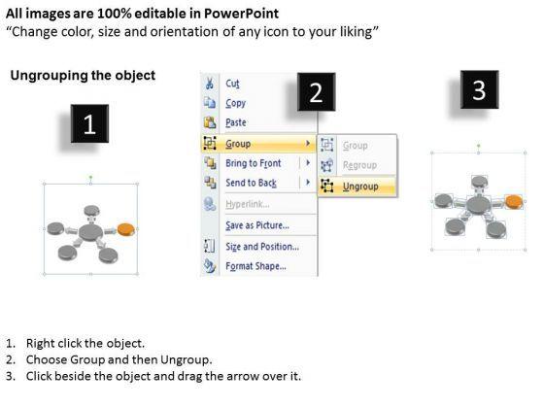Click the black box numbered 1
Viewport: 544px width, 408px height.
(89, 123)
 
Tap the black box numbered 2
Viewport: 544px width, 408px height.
(317, 92)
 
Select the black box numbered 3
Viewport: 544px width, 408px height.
(480, 89)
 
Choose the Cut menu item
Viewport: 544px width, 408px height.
(232, 84)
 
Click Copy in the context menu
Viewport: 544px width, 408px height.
(235, 103)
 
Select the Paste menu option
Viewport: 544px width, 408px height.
(236, 122)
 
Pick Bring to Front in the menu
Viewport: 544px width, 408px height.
(254, 163)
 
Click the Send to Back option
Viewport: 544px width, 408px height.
(252, 183)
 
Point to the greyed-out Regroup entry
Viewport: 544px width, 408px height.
(359, 165)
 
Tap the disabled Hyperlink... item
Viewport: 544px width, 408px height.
(248, 204)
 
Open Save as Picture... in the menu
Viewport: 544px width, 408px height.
(257, 225)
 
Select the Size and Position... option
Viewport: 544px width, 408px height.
(262, 247)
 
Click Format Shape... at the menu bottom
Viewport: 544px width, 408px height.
(256, 266)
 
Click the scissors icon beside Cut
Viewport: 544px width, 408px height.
(210, 84)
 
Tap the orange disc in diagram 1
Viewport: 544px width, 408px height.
(126, 229)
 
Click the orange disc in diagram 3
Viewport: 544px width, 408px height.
(514, 202)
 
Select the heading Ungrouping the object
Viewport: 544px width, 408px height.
(83, 76)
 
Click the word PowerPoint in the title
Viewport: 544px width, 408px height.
(241, 14)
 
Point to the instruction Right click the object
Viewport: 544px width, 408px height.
(85, 343)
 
